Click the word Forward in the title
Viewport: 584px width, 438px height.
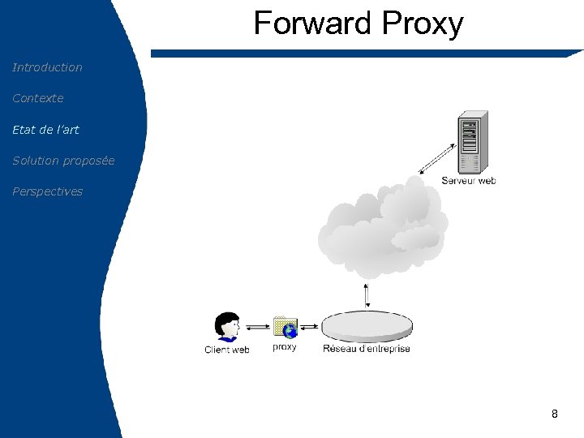(x=312, y=24)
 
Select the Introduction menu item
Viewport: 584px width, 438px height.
(x=47, y=67)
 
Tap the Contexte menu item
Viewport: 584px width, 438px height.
(x=37, y=98)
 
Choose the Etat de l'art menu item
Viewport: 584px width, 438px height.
(x=45, y=129)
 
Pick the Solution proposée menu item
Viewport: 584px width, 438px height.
(x=63, y=161)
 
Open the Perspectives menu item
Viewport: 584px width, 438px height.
(x=47, y=191)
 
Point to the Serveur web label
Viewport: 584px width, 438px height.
(x=468, y=181)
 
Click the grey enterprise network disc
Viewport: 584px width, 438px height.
(x=367, y=327)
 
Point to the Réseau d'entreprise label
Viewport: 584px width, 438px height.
(x=367, y=349)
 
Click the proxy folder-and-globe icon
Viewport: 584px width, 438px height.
(x=285, y=327)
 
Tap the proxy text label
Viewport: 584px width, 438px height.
(x=285, y=347)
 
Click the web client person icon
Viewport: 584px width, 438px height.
(x=226, y=327)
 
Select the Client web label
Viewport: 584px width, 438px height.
(x=226, y=350)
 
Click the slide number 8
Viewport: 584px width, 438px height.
(x=554, y=414)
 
